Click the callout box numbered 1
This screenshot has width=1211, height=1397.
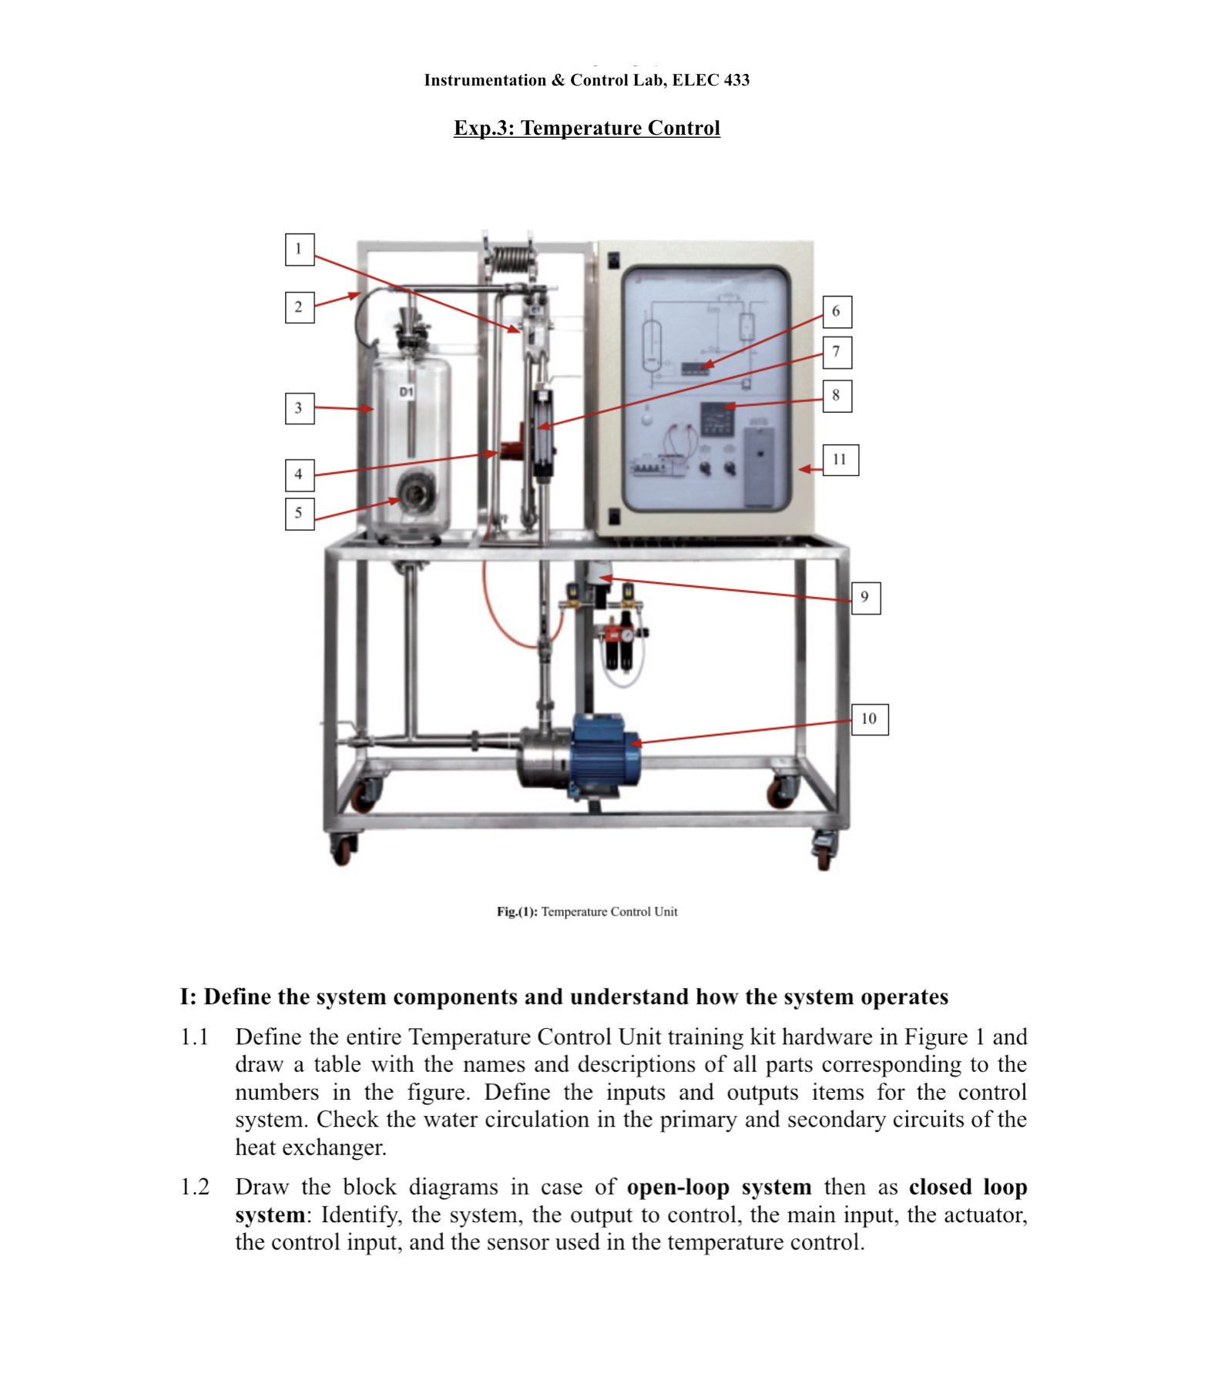pos(299,250)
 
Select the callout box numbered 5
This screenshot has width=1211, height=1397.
pos(299,514)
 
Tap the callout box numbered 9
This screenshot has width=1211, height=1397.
pos(865,598)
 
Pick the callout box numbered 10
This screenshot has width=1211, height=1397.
pos(869,719)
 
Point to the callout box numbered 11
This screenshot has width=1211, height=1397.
pos(840,460)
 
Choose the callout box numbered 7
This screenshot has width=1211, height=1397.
pos(836,353)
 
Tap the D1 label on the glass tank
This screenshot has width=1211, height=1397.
pos(406,392)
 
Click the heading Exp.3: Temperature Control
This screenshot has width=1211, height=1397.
pos(586,128)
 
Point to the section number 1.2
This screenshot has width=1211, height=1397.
pos(195,1187)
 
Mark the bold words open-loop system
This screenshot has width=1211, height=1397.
pos(718,1187)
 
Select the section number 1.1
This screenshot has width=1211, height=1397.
pos(195,1037)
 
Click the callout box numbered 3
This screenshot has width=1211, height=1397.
pos(299,408)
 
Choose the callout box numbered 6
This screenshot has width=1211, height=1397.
pos(836,312)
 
